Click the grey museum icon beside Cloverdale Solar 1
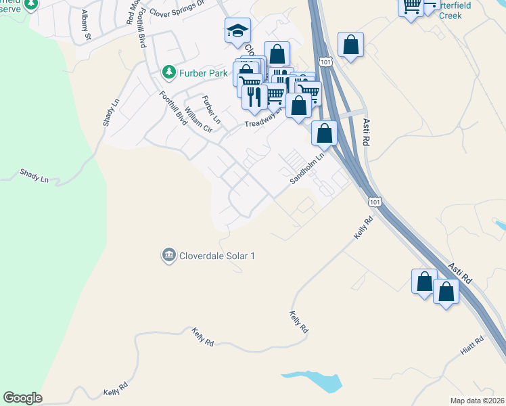click(168, 255)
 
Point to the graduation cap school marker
click(237, 31)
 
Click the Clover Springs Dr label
click(177, 9)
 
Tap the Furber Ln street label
click(211, 109)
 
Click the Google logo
click(22, 398)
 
